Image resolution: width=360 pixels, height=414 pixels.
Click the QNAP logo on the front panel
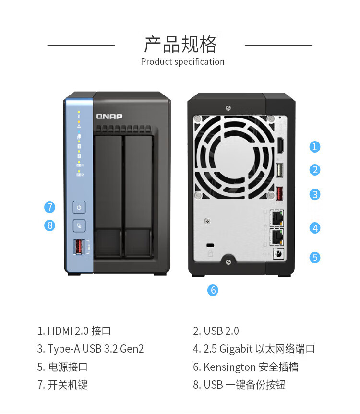[x=109, y=117]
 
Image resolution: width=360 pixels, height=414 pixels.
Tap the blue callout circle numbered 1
[x=314, y=146]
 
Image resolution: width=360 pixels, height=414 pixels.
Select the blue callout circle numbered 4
[x=314, y=228]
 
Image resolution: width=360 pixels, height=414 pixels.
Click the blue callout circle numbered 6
[x=213, y=290]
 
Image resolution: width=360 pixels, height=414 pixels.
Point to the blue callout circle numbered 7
[x=49, y=207]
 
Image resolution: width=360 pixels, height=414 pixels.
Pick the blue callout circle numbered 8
[x=49, y=225]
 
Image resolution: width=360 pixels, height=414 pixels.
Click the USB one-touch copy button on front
[x=79, y=226]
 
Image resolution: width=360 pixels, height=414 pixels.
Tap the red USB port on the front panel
[x=78, y=247]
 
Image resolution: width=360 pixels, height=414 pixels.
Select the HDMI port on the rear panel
[x=280, y=145]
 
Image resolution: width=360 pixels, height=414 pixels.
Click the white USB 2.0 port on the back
[x=280, y=170]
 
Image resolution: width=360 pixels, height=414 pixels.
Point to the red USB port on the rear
[x=279, y=193]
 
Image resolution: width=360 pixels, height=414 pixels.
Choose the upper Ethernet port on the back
[x=276, y=218]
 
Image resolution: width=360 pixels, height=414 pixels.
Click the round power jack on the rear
[x=278, y=254]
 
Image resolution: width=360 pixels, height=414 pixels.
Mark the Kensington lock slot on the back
[x=210, y=245]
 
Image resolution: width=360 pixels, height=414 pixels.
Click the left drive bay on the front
[x=108, y=196]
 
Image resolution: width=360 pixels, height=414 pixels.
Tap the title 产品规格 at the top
[x=180, y=44]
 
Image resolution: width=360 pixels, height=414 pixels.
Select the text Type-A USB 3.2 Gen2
[x=96, y=349]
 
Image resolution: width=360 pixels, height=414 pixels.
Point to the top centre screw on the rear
[x=228, y=108]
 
